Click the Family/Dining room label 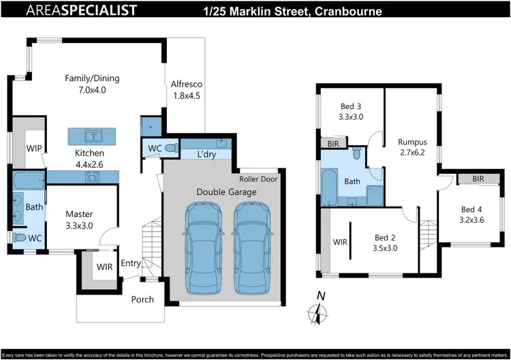pyautogui.click(x=85, y=84)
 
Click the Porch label pyautogui.click(x=142, y=299)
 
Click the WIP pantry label pyautogui.click(x=35, y=148)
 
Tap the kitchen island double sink pyautogui.click(x=91, y=134)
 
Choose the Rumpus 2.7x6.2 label pyautogui.click(x=412, y=147)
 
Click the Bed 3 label pyautogui.click(x=350, y=111)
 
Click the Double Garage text pyautogui.click(x=227, y=192)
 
